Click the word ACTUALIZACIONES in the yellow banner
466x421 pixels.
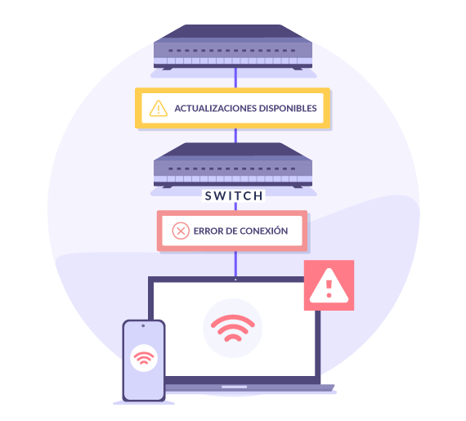point(216,108)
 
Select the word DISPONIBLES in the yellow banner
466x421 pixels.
point(288,108)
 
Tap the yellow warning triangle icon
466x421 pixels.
point(159,108)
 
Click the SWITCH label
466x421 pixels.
point(234,196)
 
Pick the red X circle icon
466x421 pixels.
point(181,231)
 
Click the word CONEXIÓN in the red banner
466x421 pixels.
point(263,231)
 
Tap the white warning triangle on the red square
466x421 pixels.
point(329,286)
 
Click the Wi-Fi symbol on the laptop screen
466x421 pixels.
point(233,328)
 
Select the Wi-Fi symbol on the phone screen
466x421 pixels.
point(144,358)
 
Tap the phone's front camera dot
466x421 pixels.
point(143,326)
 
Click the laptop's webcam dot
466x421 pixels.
point(235,280)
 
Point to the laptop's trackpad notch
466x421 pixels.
point(234,387)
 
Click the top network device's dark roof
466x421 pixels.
point(233,31)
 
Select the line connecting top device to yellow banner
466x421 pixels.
point(235,78)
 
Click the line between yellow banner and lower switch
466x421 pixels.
point(235,136)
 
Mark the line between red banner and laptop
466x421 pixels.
point(235,264)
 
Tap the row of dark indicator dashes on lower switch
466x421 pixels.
point(232,168)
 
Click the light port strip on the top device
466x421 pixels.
point(233,61)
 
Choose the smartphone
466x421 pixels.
point(144,361)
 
